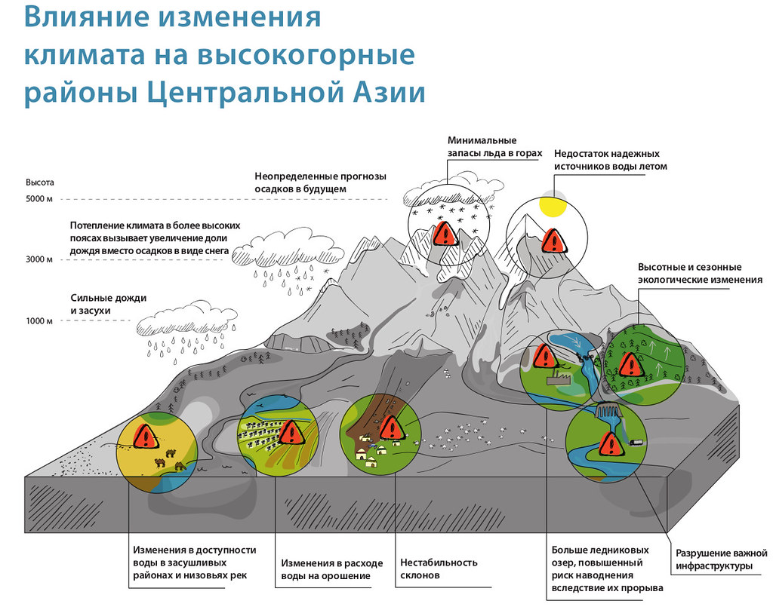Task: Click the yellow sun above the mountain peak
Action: coord(552,207)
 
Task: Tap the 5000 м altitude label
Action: coord(39,199)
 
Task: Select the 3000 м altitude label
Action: coord(39,259)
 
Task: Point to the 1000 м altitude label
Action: coord(39,321)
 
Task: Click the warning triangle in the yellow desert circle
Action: coord(146,437)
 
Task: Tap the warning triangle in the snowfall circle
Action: coord(445,234)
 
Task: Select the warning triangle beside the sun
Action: coord(553,241)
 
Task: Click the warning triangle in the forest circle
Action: coord(630,365)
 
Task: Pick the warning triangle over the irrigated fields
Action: coord(291,432)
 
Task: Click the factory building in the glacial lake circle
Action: coord(559,378)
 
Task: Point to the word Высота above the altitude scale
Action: coord(40,182)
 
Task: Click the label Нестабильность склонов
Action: coord(439,569)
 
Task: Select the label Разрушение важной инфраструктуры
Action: coord(721,559)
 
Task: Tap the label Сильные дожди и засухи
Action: coord(109,305)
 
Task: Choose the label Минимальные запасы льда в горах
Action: coord(494,147)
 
